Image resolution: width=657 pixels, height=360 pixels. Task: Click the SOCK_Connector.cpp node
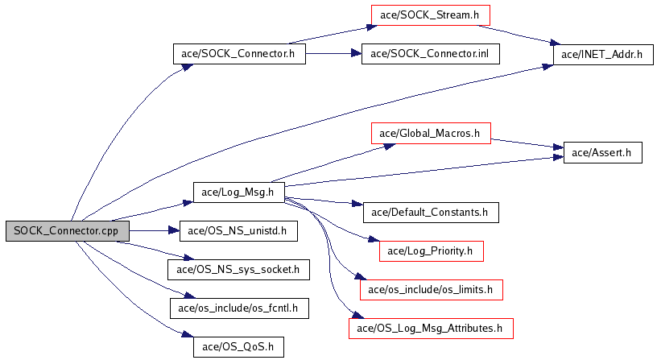(67, 230)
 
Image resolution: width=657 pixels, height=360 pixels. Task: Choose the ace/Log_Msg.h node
(239, 192)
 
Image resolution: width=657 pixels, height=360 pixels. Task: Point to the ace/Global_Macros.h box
(431, 133)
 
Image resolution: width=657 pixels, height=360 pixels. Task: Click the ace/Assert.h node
(602, 152)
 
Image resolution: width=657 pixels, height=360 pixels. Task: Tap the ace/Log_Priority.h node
(431, 250)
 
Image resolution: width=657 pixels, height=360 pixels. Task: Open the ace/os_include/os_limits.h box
(431, 289)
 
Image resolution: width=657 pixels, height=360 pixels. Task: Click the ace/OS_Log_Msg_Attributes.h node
(430, 328)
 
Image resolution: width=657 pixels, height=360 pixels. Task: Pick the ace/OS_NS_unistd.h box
(232, 230)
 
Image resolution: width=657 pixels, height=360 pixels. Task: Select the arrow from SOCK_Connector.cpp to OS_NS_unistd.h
(153, 230)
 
